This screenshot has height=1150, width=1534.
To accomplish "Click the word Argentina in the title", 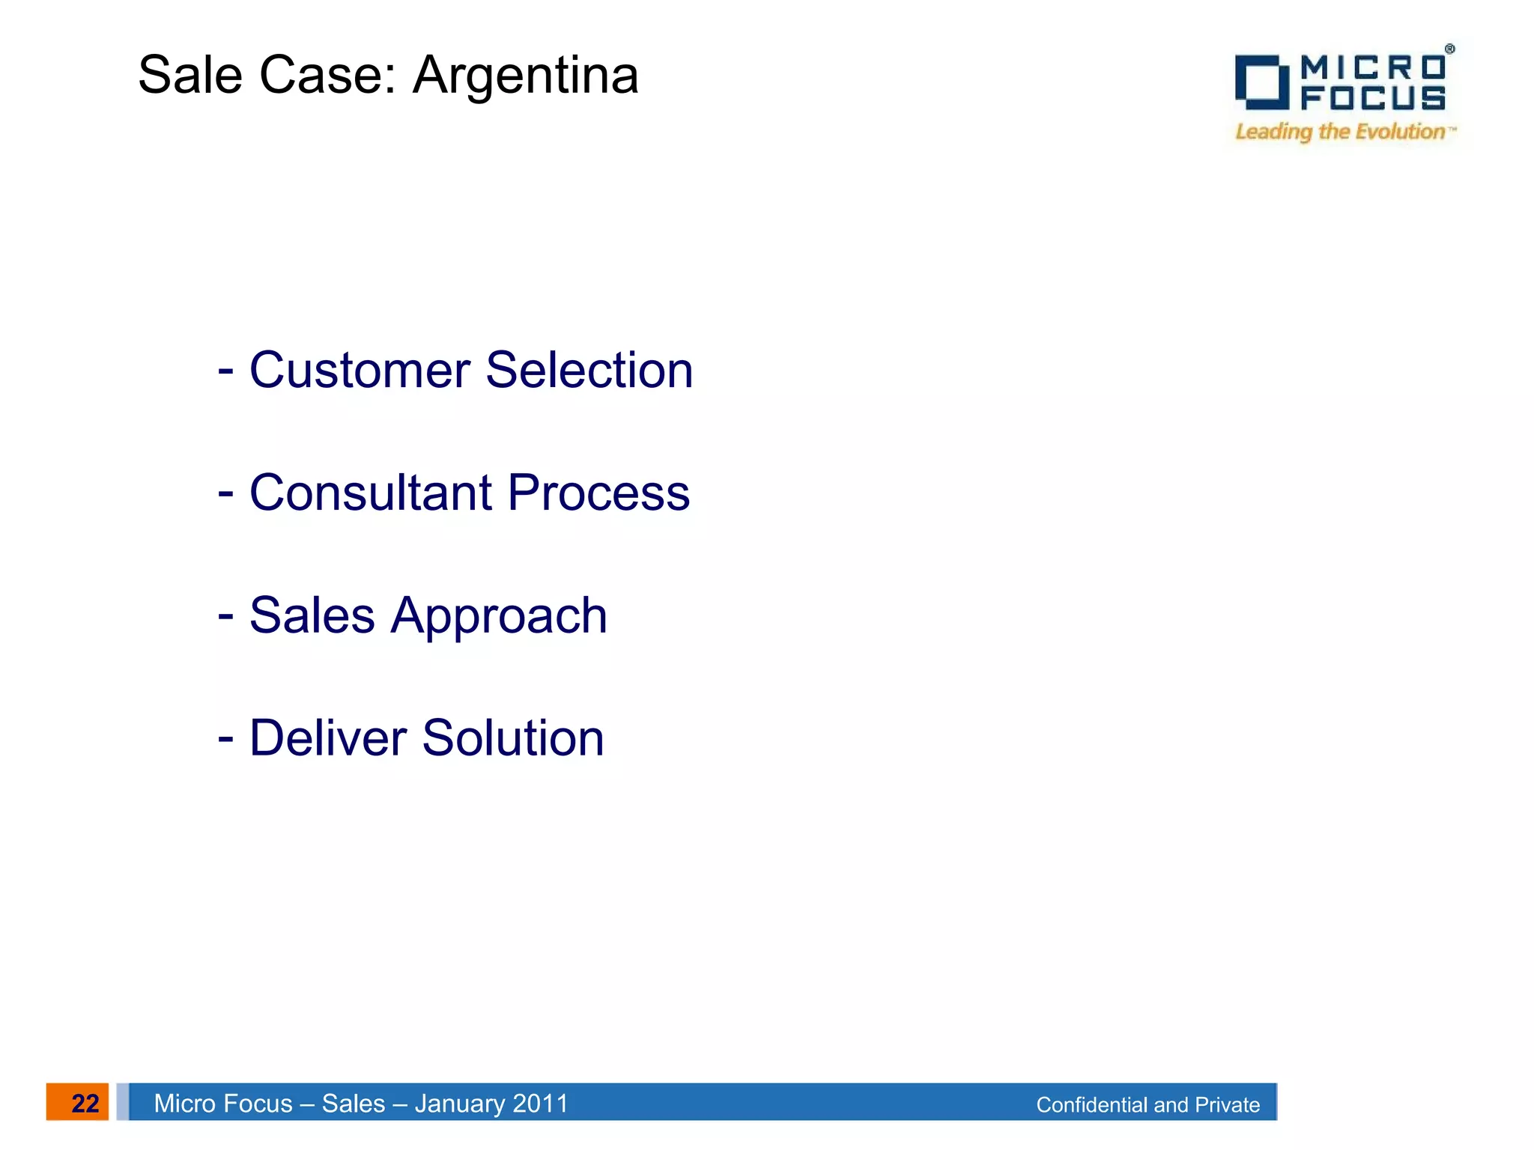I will pos(526,76).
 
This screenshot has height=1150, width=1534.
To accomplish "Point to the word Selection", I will pos(589,370).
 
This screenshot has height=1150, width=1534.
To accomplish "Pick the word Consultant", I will pos(371,493).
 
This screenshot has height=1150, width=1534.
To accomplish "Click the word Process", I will pos(598,493).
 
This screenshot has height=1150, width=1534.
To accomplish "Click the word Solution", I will pos(513,738).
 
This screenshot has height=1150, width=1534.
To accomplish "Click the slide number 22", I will pos(85,1104).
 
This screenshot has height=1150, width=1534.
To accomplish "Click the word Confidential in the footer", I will pos(1091,1105).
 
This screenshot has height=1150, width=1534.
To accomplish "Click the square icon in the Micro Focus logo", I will pos(1262,82).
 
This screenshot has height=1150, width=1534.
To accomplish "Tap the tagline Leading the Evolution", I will pos(1341,132).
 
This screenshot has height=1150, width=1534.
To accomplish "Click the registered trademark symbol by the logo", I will pos(1450,49).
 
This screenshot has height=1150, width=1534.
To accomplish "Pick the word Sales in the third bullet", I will pos(312,615).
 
